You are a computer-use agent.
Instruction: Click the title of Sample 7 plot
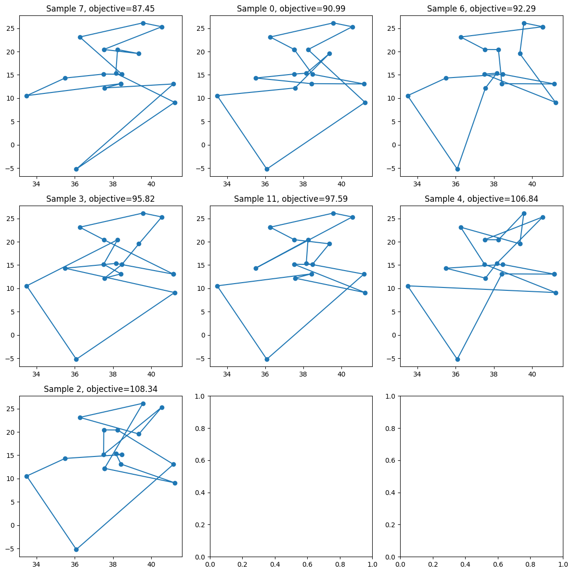[x=101, y=9]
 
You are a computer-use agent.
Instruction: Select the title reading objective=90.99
[x=291, y=9]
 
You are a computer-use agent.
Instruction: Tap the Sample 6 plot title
[x=481, y=9]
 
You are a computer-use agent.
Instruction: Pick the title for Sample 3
[x=101, y=199]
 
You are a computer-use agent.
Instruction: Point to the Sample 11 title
[x=291, y=199]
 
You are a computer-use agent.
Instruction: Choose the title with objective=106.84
[x=481, y=199]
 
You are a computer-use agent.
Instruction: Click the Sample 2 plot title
[x=101, y=389]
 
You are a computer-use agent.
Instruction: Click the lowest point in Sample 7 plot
[x=76, y=169]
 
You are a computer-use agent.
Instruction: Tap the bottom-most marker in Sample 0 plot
[x=267, y=169]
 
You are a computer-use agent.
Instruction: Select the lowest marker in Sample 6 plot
[x=457, y=169]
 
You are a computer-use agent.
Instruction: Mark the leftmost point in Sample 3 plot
[x=26, y=286]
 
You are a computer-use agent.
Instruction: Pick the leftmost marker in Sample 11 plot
[x=217, y=286]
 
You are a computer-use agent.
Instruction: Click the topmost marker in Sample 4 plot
[x=524, y=213]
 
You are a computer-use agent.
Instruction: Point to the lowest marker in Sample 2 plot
[x=76, y=549]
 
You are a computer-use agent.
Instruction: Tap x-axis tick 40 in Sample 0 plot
[x=341, y=184]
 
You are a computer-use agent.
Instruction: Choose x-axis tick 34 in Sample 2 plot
[x=37, y=564]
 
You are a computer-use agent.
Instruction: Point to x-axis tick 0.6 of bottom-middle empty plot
[x=307, y=564]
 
